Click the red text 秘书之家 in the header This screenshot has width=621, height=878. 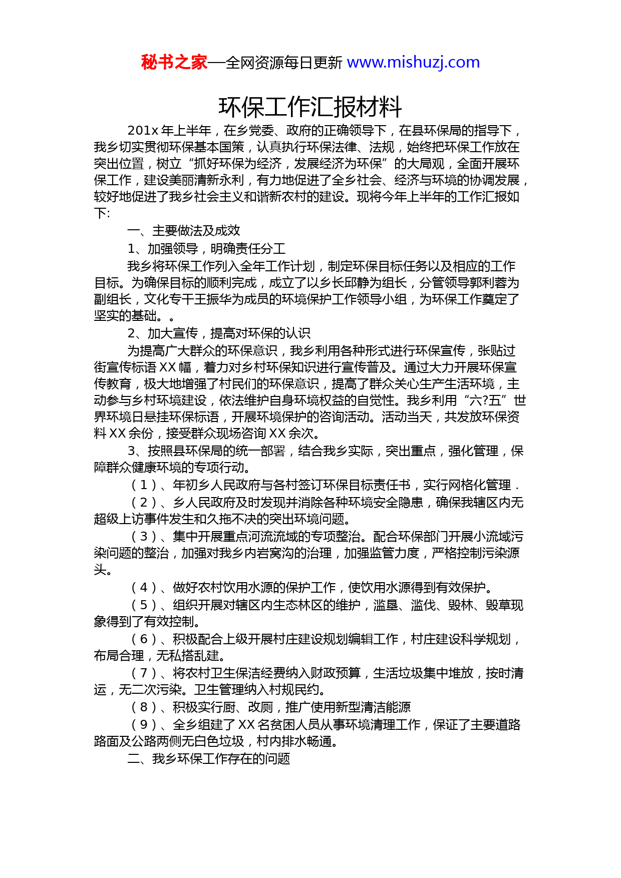tap(174, 63)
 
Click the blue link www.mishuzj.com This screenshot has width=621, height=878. tap(413, 63)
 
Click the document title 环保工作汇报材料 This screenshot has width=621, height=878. tap(310, 107)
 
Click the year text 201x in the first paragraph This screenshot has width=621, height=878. tap(143, 131)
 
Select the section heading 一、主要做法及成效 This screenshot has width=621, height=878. tap(184, 231)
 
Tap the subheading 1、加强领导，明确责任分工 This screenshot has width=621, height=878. tap(206, 249)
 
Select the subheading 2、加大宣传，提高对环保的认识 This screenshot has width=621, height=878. tap(219, 333)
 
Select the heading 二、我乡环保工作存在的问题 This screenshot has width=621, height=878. tap(209, 759)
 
